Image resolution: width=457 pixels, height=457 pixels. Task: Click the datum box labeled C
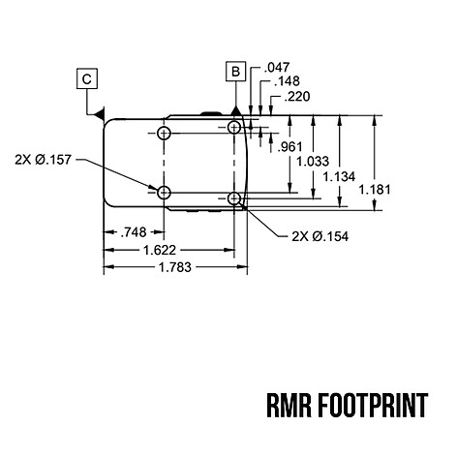click(x=87, y=78)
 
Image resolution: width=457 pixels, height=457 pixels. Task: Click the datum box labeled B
click(x=236, y=71)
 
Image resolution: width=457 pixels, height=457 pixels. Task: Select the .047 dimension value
click(x=277, y=68)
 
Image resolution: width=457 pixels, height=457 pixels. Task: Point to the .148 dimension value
click(x=287, y=81)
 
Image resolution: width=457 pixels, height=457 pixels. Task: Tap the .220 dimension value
click(x=297, y=96)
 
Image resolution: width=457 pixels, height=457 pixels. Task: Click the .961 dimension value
click(x=290, y=147)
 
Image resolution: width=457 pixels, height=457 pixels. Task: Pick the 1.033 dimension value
click(x=313, y=161)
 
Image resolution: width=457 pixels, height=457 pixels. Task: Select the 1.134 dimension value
click(x=339, y=176)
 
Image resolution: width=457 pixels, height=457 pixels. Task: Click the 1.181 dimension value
click(x=375, y=190)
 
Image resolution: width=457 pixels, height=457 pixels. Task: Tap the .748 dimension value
click(x=134, y=232)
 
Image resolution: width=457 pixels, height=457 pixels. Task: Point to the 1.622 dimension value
click(x=160, y=250)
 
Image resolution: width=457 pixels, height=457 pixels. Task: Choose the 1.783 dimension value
click(x=175, y=267)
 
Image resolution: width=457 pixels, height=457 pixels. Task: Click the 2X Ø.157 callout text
click(x=43, y=160)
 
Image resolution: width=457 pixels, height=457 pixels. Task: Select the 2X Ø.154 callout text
click(x=320, y=236)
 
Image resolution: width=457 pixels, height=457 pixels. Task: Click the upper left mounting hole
click(x=164, y=133)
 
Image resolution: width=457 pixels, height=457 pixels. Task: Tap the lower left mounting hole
click(x=164, y=193)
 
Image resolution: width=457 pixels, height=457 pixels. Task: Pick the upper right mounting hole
click(x=234, y=128)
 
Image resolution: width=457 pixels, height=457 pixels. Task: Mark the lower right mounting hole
click(x=234, y=198)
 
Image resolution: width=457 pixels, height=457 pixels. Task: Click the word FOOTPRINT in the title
click(x=373, y=406)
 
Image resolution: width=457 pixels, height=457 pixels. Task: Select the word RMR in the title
click(x=289, y=406)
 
